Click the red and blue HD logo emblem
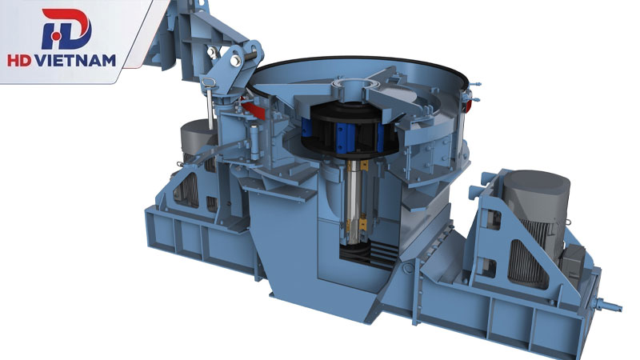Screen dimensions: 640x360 click(x=66, y=29)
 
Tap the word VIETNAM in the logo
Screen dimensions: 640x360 click(x=75, y=61)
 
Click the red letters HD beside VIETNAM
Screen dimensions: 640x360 click(x=19, y=61)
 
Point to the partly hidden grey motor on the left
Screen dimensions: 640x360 click(x=195, y=147)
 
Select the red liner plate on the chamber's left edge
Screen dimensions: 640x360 click(x=253, y=108)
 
